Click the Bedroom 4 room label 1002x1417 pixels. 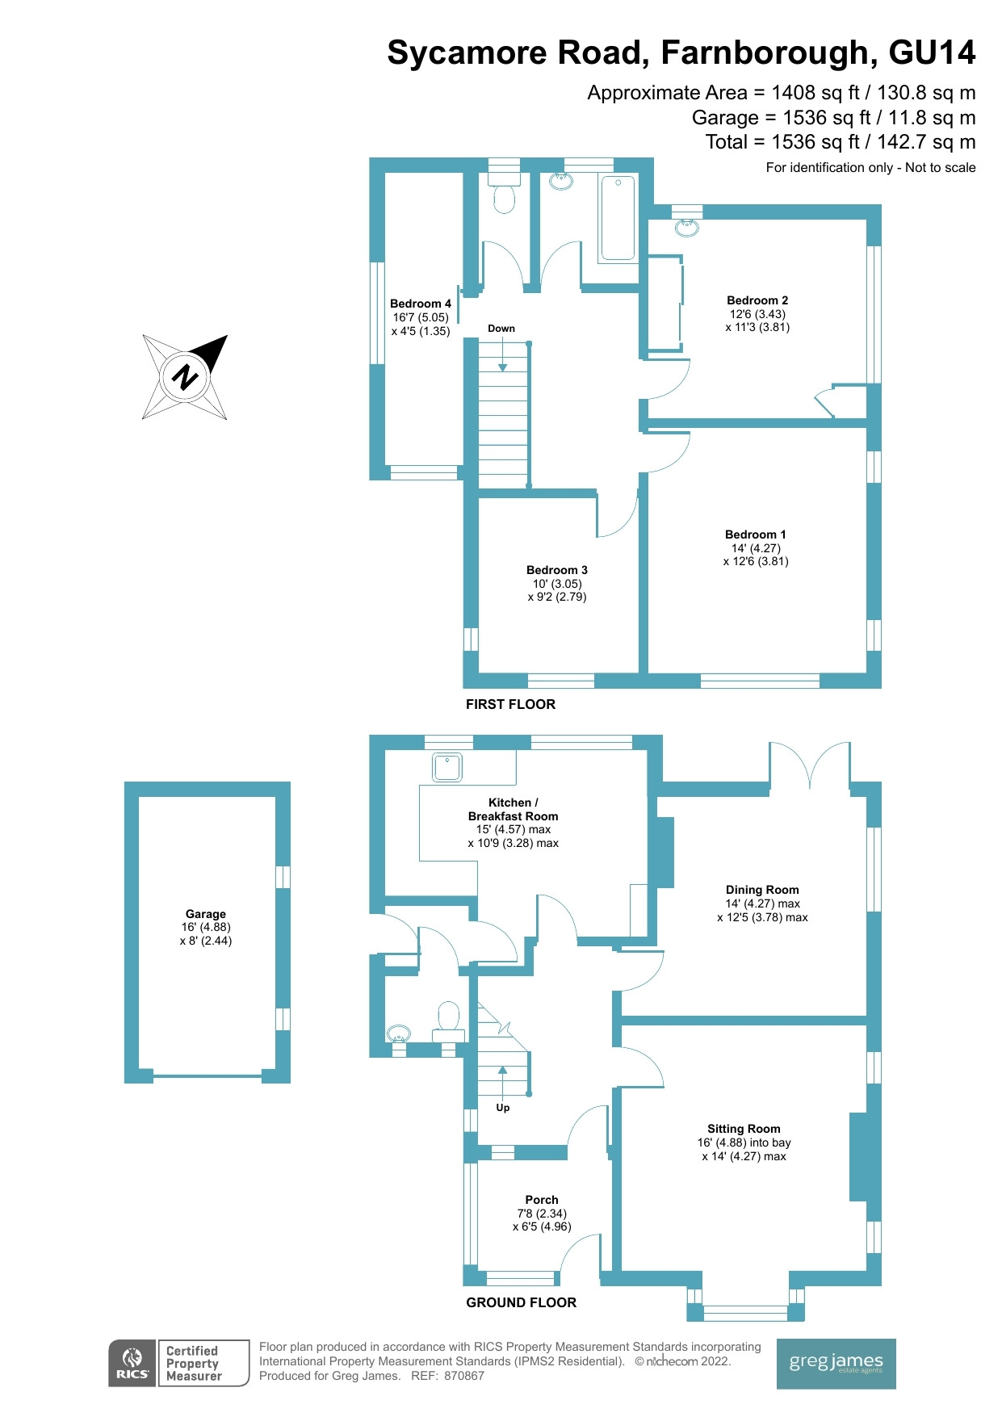[420, 304]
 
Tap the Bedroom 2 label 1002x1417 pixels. [757, 300]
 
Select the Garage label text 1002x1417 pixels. [205, 914]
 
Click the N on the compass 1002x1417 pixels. [186, 376]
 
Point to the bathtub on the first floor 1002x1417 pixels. [618, 218]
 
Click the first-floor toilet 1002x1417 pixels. [504, 197]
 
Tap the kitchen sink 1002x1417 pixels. [447, 767]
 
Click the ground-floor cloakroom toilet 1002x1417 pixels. [448, 1019]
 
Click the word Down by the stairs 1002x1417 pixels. [501, 329]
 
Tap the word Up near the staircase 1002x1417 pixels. [502, 1108]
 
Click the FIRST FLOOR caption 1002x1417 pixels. [510, 704]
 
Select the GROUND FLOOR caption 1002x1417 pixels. [521, 1302]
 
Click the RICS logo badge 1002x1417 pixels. [132, 1363]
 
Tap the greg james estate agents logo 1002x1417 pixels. [836, 1364]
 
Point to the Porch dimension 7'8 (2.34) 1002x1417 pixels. [542, 1214]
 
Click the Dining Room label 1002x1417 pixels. [761, 890]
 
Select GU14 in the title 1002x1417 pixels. [932, 53]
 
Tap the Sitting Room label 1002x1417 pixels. [744, 1129]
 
